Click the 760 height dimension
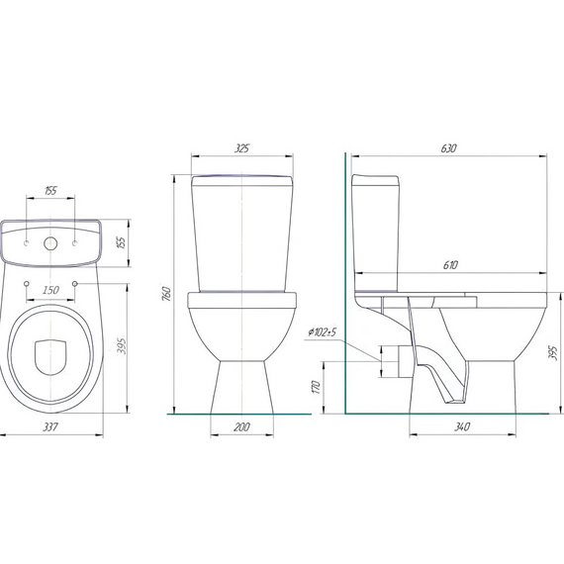pyautogui.click(x=166, y=294)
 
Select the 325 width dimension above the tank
pyautogui.click(x=241, y=148)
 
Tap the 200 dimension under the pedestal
pyautogui.click(x=241, y=426)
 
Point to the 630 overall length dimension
pyautogui.click(x=448, y=148)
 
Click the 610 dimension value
pyautogui.click(x=450, y=265)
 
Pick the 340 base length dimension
pyautogui.click(x=462, y=426)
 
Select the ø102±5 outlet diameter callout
pyautogui.click(x=322, y=332)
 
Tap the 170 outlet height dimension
pyautogui.click(x=317, y=387)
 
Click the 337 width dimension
pyautogui.click(x=50, y=426)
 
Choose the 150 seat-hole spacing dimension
pyautogui.click(x=50, y=290)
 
